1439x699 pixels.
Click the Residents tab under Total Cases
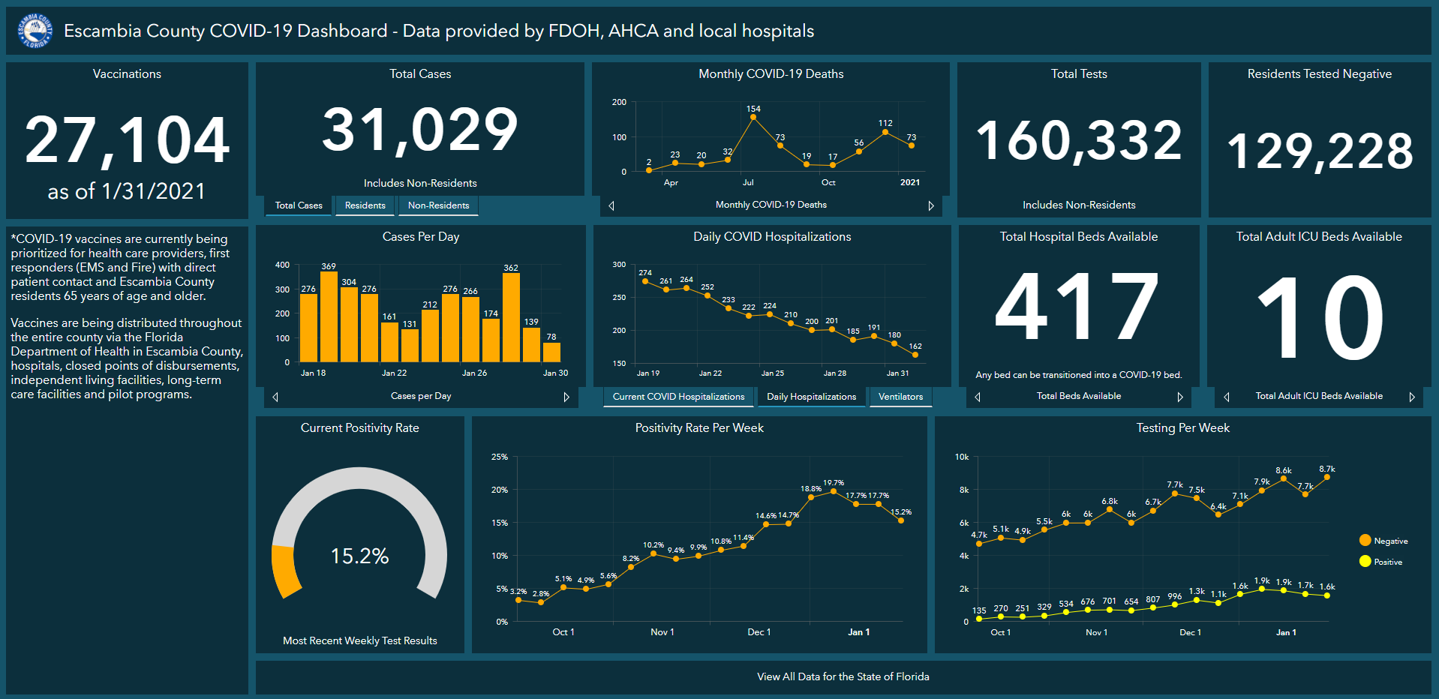365,205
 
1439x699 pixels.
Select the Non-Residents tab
438,205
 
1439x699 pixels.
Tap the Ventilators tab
900,397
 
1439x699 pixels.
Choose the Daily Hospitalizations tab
811,397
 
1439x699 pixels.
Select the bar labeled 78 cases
551,352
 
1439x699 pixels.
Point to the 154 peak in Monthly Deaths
753,117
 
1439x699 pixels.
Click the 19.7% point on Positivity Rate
833,491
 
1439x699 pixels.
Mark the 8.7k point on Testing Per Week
1326,477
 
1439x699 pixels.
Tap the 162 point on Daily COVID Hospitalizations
915,355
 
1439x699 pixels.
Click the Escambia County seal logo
35,31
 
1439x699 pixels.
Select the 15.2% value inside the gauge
359,556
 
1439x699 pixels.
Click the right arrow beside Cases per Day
566,397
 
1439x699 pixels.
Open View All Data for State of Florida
843,676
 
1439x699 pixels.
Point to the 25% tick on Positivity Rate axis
500,457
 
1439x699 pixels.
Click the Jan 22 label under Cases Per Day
394,373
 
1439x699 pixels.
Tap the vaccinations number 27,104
127,140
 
